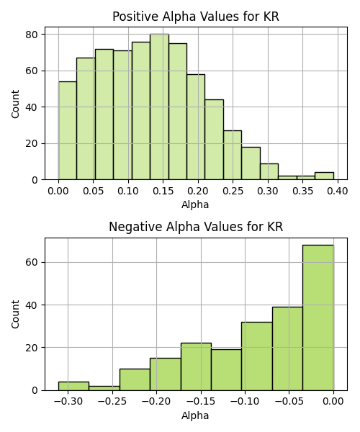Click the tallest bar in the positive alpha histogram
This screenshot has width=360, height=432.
(x=159, y=107)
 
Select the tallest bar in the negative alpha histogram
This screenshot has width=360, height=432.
(x=318, y=318)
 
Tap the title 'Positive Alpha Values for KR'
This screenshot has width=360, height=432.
(x=196, y=17)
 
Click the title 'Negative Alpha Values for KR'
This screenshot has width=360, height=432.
(x=196, y=227)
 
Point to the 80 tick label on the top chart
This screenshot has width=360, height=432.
(x=31, y=35)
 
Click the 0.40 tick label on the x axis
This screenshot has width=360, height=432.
(x=338, y=191)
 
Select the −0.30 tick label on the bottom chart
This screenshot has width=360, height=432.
(x=68, y=402)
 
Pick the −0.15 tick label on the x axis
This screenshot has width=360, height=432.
(x=201, y=402)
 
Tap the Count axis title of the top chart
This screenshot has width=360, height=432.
(x=15, y=104)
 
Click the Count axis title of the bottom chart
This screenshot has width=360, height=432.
(x=15, y=314)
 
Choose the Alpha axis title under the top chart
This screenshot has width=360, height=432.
(x=195, y=204)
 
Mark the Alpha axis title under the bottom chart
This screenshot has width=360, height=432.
(x=195, y=415)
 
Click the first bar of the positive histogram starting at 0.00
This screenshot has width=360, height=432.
(x=68, y=130)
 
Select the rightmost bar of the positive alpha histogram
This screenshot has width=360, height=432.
(x=324, y=176)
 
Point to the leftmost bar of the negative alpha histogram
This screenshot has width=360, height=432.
(x=73, y=386)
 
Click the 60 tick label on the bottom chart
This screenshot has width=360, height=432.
(x=31, y=263)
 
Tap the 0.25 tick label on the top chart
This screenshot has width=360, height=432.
(x=233, y=191)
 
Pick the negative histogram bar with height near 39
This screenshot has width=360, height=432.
(x=287, y=348)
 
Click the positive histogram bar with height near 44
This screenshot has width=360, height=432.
(x=214, y=140)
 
